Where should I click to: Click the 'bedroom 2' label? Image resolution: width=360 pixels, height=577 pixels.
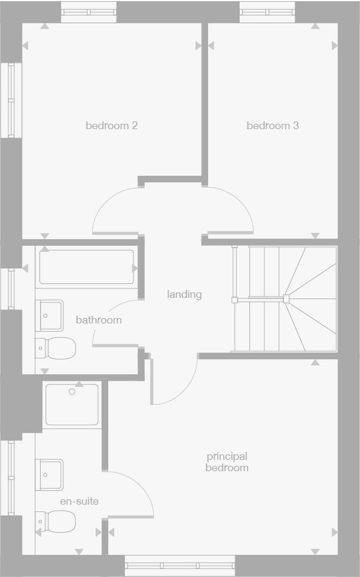coord(112,126)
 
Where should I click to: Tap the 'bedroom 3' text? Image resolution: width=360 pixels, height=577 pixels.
coord(273,126)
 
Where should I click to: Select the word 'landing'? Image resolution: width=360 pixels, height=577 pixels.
coord(184,294)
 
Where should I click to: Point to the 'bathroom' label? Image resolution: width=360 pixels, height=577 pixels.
coord(99,320)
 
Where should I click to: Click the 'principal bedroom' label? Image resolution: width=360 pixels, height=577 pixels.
coord(227,462)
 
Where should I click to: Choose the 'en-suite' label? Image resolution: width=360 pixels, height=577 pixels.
coord(79,501)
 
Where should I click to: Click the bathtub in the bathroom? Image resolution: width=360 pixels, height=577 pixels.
coord(87,267)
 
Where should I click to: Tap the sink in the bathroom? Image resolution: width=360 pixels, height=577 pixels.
coord(50,315)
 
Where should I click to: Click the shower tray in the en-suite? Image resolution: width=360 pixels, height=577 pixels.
coord(72,405)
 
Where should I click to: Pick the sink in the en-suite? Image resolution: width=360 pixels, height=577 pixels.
coord(50,474)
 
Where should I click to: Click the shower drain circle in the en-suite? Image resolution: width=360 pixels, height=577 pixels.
coord(72,392)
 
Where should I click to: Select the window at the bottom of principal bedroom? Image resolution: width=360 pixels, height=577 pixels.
coord(180,566)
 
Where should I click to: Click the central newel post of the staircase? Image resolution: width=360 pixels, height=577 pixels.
coord(286,298)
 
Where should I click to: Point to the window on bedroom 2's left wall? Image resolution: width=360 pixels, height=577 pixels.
coord(11,100)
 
